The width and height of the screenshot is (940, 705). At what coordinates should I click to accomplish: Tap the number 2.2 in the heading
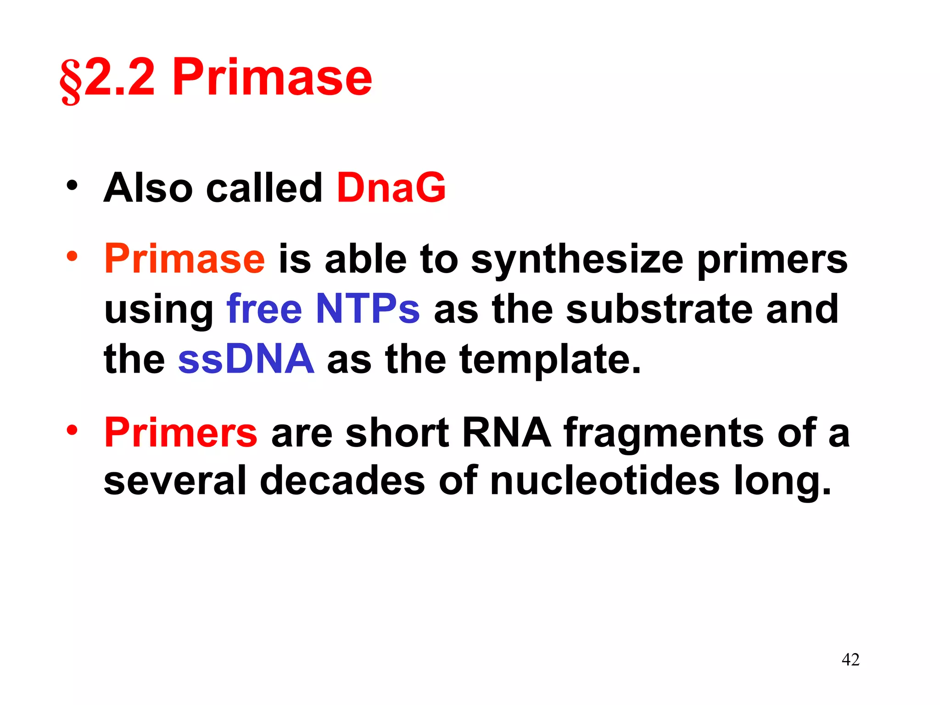(120, 78)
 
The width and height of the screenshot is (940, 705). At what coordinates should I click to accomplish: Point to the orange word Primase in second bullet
(185, 259)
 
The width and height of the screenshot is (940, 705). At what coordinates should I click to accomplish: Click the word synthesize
(577, 260)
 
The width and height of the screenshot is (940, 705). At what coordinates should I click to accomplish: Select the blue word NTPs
(368, 309)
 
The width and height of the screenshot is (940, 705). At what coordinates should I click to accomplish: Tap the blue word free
(264, 309)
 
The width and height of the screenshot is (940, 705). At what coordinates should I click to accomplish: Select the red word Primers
(180, 433)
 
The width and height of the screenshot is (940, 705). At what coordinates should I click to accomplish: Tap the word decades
(342, 481)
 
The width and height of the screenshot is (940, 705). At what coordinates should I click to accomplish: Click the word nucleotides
(604, 481)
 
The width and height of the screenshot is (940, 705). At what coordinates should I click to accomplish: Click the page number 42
(850, 660)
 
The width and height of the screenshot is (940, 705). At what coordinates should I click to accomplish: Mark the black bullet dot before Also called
(72, 186)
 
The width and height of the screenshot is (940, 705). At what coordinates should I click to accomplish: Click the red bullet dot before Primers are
(72, 431)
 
